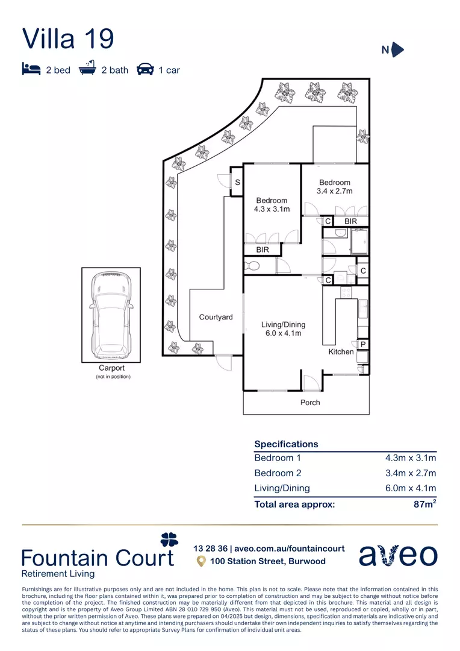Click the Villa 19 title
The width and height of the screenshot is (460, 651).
(x=68, y=38)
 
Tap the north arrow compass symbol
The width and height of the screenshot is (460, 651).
(x=397, y=50)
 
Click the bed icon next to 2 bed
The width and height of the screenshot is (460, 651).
(x=31, y=69)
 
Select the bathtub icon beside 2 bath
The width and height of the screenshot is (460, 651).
(x=88, y=68)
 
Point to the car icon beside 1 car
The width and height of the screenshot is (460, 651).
(x=145, y=69)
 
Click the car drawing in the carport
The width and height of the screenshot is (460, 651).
(x=111, y=315)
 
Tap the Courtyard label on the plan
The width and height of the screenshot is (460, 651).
(x=216, y=317)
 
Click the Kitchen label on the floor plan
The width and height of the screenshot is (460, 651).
(x=341, y=351)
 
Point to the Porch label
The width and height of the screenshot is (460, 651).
(x=310, y=402)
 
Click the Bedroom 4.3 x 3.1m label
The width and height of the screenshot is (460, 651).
(x=272, y=205)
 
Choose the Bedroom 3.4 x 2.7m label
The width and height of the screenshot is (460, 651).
(x=335, y=187)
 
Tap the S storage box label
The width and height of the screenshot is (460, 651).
(x=237, y=183)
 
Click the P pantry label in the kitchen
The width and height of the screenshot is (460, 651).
(x=363, y=344)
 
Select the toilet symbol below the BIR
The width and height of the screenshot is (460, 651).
(x=251, y=266)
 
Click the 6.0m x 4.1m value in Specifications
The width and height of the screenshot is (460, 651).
(x=411, y=488)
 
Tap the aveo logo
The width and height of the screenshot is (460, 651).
(x=398, y=555)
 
